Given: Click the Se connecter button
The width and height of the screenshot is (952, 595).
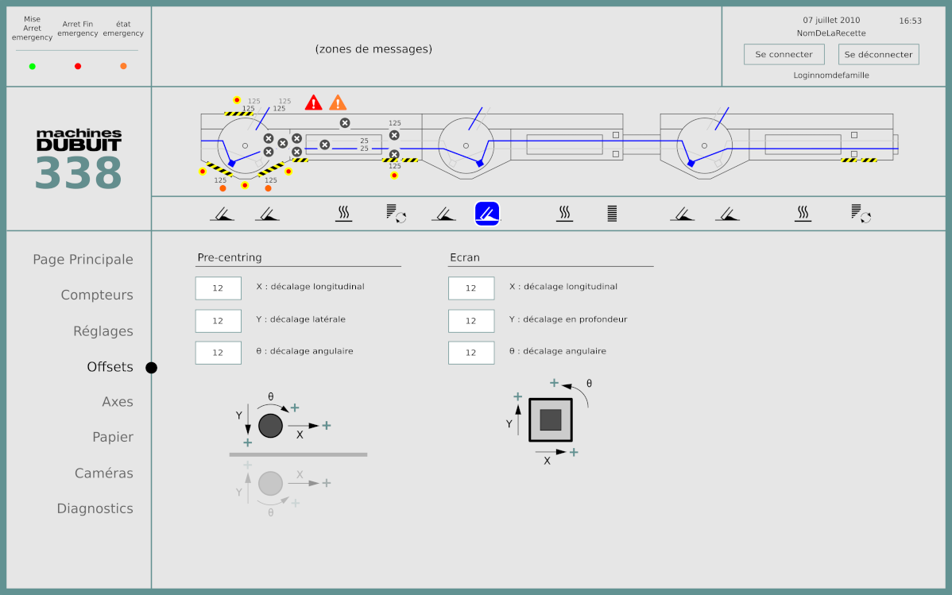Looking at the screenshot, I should coord(784,55).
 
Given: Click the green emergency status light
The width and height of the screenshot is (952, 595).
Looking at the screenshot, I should coord(33,67).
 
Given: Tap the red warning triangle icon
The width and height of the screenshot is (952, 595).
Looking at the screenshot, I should coord(314,102).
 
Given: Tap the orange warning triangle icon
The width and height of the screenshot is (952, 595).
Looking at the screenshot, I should coord(338,102).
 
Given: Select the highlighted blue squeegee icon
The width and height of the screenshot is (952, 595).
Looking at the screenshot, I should coord(487,213).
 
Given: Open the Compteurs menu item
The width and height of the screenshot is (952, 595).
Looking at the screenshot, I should coord(97,295).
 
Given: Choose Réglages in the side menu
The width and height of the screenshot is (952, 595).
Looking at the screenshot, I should coord(103,331).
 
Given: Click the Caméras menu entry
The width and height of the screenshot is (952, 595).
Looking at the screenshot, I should coord(104,473).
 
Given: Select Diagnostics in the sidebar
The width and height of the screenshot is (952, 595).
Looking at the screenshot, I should coord(95,508).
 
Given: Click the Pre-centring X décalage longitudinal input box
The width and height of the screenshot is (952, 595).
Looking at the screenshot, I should coord(218,288).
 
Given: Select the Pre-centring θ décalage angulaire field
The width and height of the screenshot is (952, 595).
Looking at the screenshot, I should coord(218,353).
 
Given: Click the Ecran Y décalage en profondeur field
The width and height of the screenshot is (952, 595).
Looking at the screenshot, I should coord(470,321).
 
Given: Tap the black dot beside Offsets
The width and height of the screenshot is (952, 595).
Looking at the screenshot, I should coord(151,368).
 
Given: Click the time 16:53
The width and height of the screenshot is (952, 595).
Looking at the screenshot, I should coord(910,21).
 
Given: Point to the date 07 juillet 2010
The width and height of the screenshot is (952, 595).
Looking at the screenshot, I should coord(831,21).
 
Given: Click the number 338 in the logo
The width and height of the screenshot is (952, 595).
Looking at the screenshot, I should coord(78,172).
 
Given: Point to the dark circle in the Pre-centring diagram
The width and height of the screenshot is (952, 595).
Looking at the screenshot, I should coord(270,426).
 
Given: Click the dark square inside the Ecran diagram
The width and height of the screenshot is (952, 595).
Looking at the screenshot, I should coord(551,419).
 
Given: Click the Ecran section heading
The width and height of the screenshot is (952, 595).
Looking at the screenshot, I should coord(465,257).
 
